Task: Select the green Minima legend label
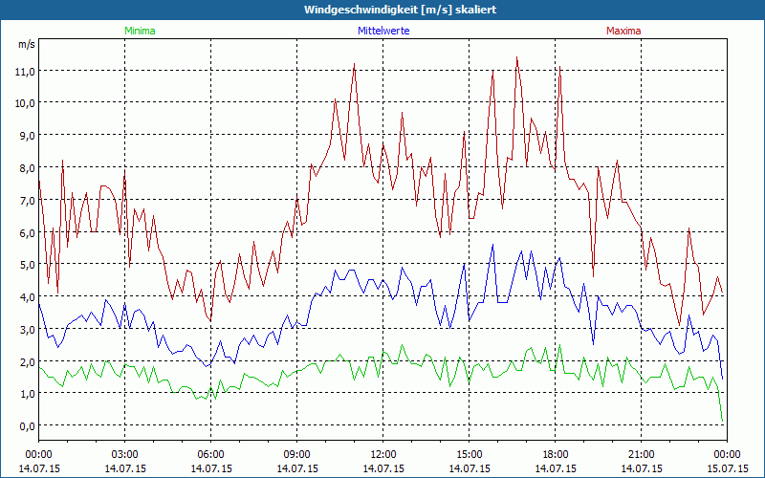(139, 31)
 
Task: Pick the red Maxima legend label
(623, 31)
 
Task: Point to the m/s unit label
(26, 44)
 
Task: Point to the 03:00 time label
(124, 454)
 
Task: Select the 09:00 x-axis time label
(296, 454)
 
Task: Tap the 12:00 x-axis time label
(382, 454)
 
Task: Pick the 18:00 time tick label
(555, 454)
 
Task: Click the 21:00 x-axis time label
(641, 454)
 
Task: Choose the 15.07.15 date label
(727, 468)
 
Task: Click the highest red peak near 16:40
(517, 57)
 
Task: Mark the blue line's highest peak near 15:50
(493, 246)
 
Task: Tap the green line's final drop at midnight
(722, 419)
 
